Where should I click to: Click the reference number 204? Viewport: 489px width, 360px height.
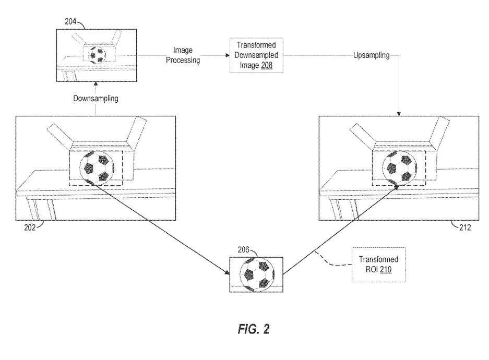[x=70, y=21]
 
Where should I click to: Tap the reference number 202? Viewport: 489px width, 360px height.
[x=30, y=227]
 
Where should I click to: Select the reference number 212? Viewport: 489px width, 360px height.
[x=464, y=227]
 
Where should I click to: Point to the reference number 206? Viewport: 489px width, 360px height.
[x=243, y=250]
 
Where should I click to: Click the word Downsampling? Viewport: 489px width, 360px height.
[x=96, y=99]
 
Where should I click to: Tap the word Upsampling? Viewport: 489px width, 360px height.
[x=371, y=55]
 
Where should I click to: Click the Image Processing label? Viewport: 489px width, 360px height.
[x=183, y=55]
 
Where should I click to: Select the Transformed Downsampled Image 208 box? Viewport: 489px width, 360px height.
[x=256, y=55]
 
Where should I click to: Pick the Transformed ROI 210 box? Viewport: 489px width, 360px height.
[x=378, y=265]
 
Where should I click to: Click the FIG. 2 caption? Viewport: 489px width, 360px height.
[x=254, y=329]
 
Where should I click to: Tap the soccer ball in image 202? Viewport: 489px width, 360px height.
[x=97, y=167]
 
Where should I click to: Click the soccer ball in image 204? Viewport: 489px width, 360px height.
[x=97, y=55]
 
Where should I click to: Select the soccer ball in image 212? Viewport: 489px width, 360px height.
[x=399, y=168]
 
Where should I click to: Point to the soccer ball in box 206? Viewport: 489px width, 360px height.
[x=257, y=274]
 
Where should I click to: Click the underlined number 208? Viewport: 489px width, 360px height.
[x=267, y=65]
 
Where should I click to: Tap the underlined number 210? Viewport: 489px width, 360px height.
[x=386, y=269]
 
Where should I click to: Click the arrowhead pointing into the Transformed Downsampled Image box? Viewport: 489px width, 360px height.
[x=228, y=55]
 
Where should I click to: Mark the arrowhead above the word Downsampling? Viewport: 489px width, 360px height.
[x=96, y=84]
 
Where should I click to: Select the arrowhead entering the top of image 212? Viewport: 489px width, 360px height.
[x=399, y=114]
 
